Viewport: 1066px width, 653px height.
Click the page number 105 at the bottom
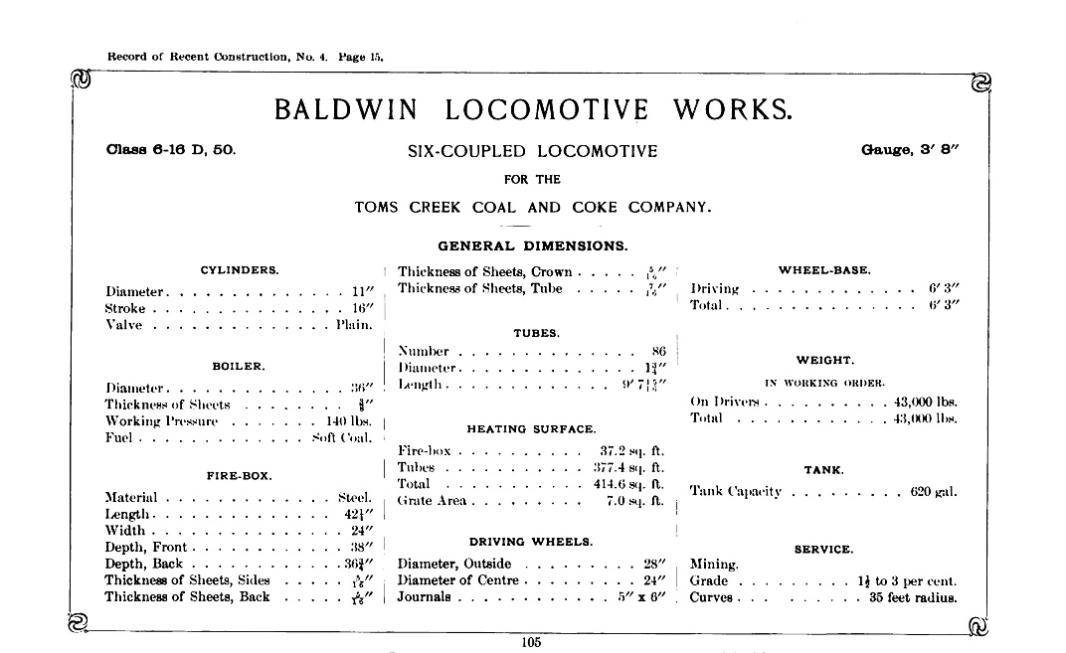[x=530, y=642]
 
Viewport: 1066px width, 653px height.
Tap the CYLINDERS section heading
[x=240, y=269]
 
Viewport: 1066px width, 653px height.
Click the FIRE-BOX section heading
[x=239, y=475]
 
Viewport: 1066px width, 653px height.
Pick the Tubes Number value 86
[x=657, y=351]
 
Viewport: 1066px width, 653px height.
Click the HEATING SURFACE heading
[x=531, y=429]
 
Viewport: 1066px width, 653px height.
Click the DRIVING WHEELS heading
[x=531, y=542]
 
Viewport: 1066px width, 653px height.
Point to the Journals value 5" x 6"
[x=639, y=597]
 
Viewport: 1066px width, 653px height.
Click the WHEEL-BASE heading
[x=824, y=269]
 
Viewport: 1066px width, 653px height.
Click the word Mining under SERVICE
[x=714, y=565]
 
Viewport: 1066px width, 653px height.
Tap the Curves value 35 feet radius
[x=913, y=598]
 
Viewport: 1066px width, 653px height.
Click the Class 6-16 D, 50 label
[x=170, y=151]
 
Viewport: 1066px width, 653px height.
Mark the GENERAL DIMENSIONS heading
[x=532, y=245]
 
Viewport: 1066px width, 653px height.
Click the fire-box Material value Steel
[x=355, y=497]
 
